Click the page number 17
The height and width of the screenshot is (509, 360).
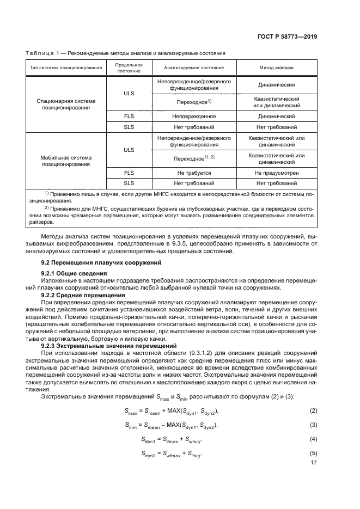pyautogui.click(x=313, y=463)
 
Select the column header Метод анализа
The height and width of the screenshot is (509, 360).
pyautogui.click(x=276, y=68)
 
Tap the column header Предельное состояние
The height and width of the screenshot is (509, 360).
pyautogui.click(x=129, y=68)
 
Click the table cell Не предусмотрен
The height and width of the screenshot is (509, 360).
pyautogui.click(x=276, y=173)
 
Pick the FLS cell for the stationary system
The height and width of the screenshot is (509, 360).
pyautogui.click(x=129, y=116)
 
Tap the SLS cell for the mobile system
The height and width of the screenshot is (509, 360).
pyautogui.click(x=129, y=183)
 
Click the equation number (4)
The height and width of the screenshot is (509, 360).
pyautogui.click(x=313, y=438)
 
